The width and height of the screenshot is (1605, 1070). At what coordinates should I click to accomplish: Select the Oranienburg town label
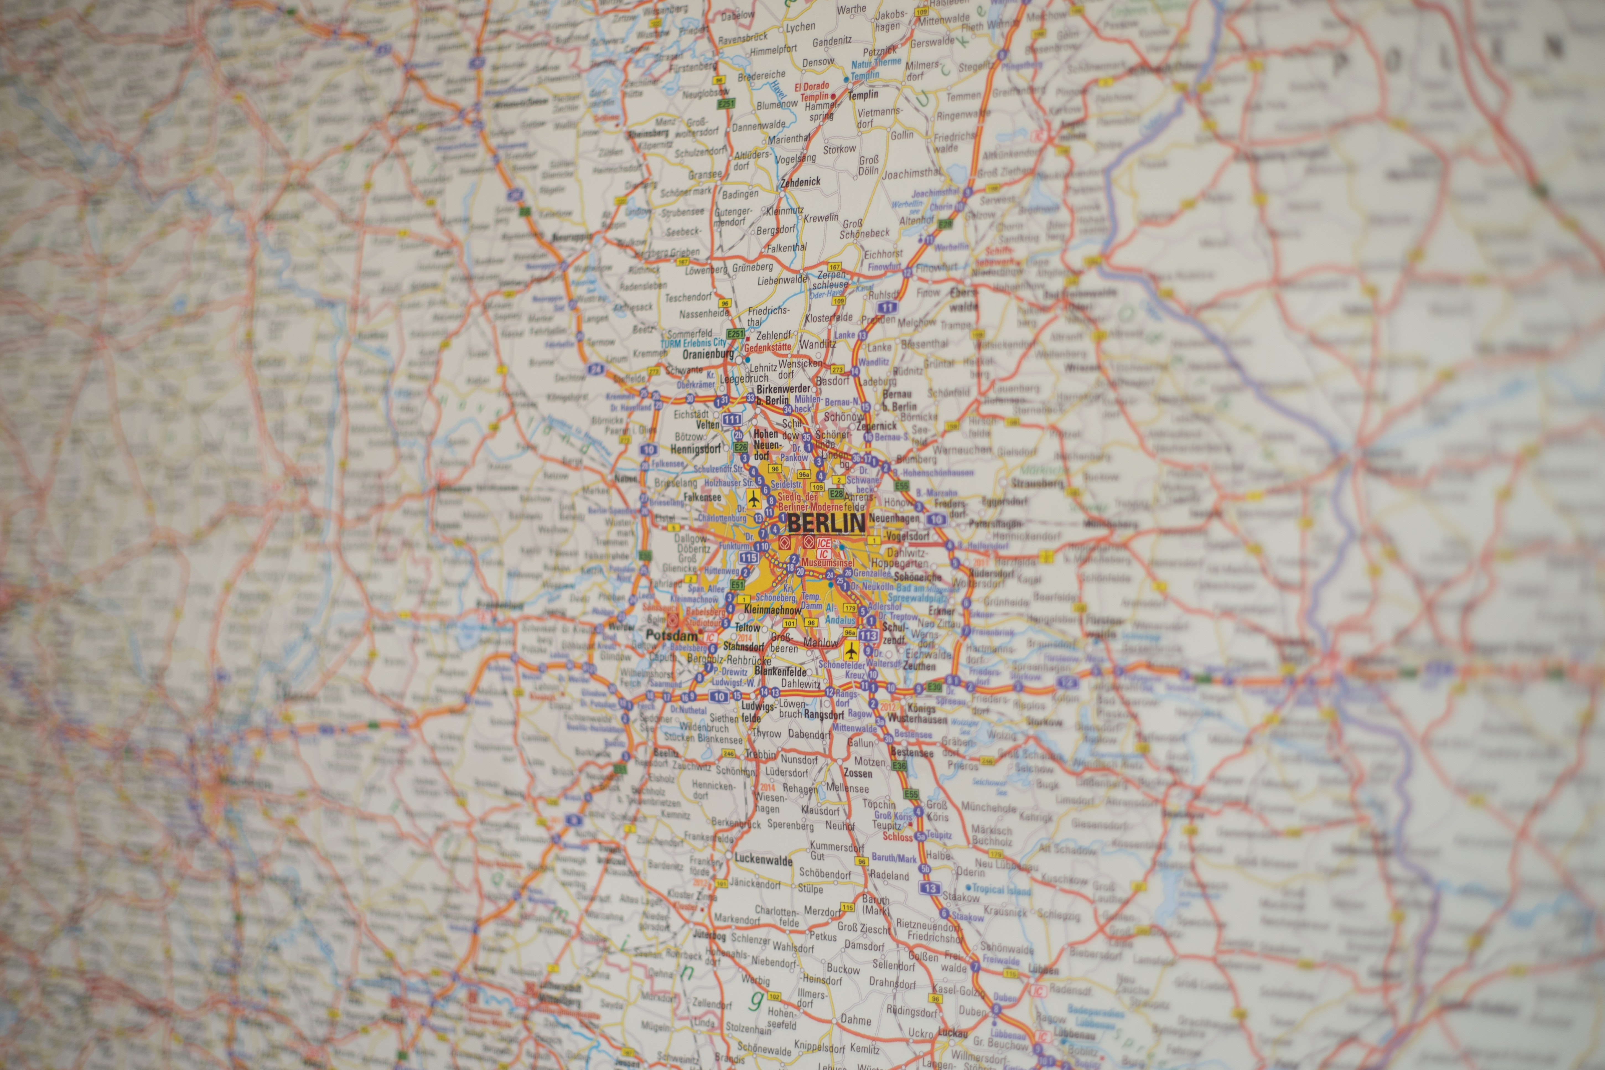pyautogui.click(x=708, y=355)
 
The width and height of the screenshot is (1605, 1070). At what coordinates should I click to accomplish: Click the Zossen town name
pyautogui.click(x=858, y=773)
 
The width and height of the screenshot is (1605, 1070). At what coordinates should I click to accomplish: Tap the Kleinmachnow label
pyautogui.click(x=772, y=609)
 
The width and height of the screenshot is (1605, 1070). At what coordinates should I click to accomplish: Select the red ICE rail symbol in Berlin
pyautogui.click(x=824, y=543)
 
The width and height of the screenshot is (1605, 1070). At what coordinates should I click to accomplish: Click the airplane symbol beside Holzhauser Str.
pyautogui.click(x=753, y=499)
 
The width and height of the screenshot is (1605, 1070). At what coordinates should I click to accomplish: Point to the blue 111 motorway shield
pyautogui.click(x=732, y=419)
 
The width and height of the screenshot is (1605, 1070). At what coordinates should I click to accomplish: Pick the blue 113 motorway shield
pyautogui.click(x=868, y=635)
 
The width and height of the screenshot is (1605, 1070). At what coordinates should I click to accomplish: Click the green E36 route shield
pyautogui.click(x=899, y=766)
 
